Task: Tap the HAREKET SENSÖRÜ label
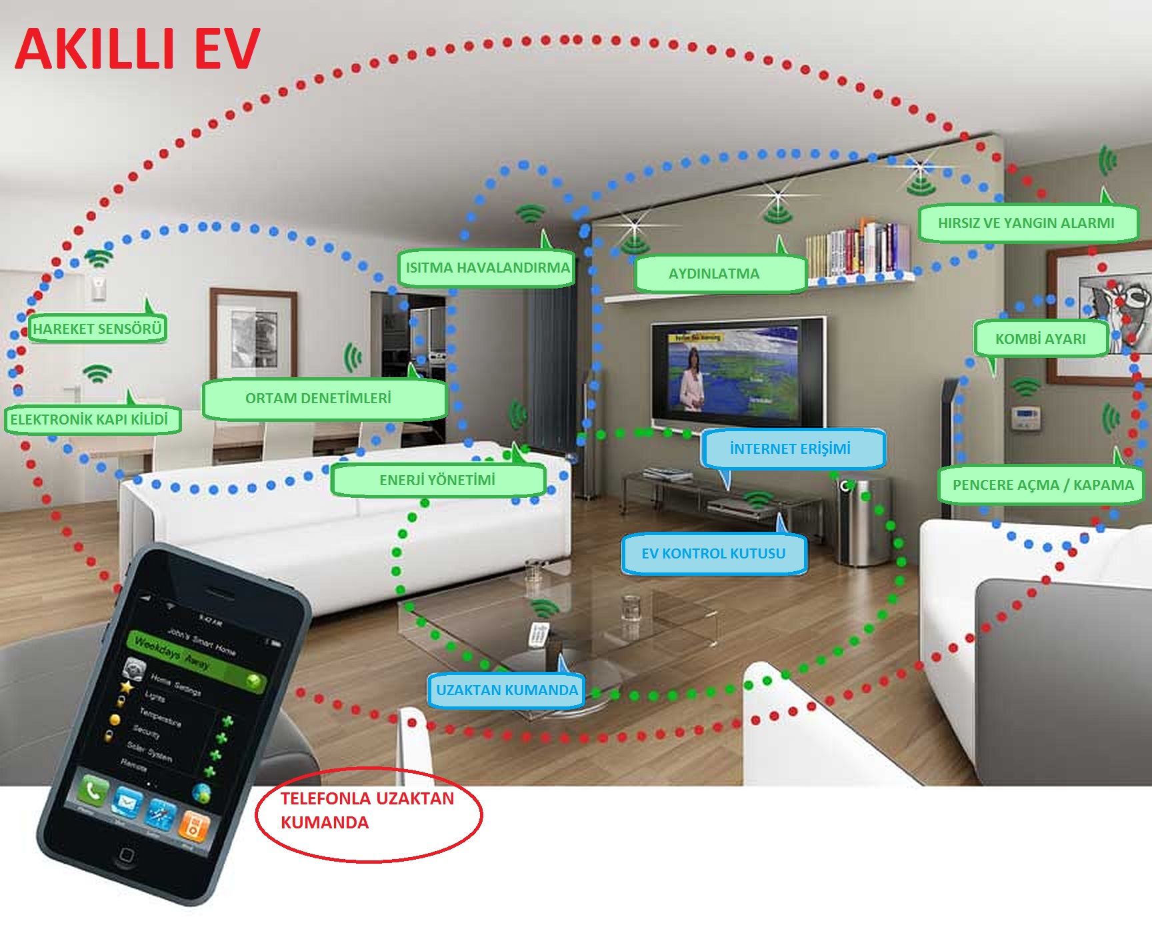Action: [x=97, y=329]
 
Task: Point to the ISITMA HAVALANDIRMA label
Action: [x=487, y=268]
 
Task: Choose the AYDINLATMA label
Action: [x=715, y=273]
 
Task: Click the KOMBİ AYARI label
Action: [x=1040, y=339]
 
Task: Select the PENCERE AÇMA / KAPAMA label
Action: [x=1042, y=484]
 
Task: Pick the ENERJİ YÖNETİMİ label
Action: [x=437, y=480]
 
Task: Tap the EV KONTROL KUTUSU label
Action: [x=713, y=553]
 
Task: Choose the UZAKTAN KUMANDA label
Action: [x=507, y=690]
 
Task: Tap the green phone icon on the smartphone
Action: [x=91, y=791]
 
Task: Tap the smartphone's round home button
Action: [x=126, y=854]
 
